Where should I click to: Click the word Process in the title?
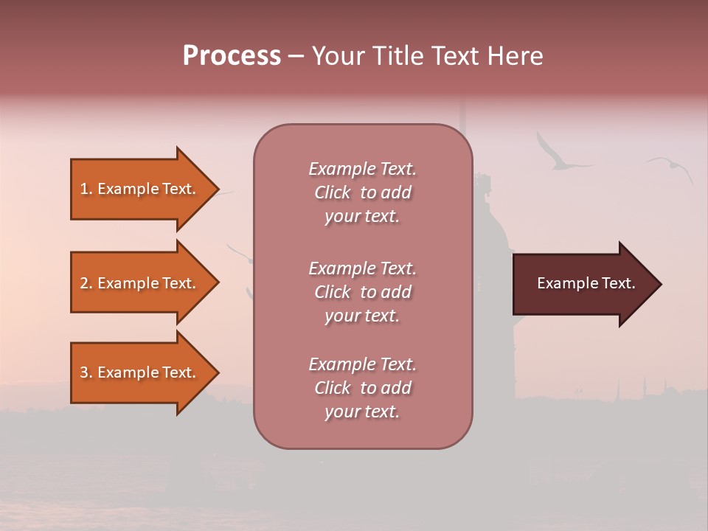[232, 56]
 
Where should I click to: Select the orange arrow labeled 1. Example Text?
[140, 189]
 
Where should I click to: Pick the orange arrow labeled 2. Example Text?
[140, 283]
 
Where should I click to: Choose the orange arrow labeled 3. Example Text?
[140, 372]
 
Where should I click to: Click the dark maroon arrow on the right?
[583, 284]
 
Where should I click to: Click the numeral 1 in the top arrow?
[84, 189]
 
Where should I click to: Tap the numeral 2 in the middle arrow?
[84, 283]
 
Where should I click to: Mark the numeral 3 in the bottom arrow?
[84, 372]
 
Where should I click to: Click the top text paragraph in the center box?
[362, 192]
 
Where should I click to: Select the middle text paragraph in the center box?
[362, 292]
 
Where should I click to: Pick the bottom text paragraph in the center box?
[362, 388]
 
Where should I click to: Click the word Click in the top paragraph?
[333, 192]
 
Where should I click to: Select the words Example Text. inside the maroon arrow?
[586, 283]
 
